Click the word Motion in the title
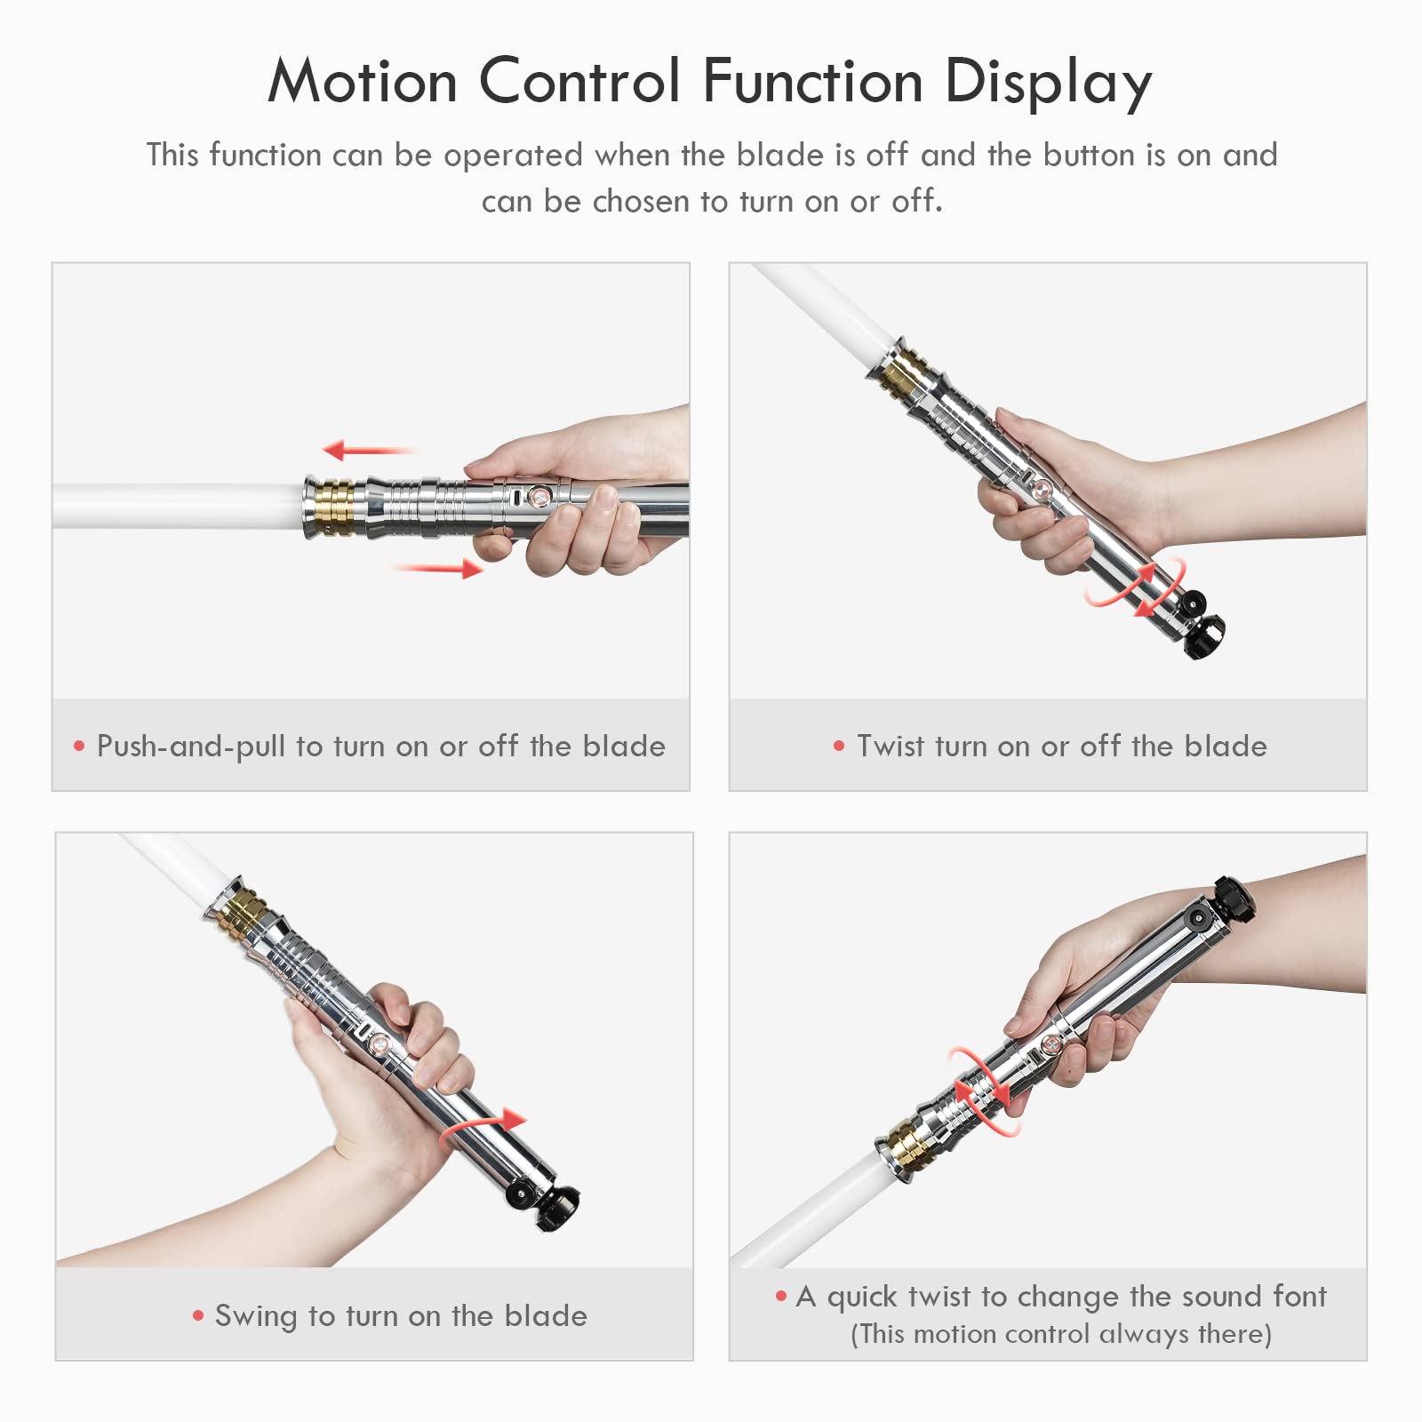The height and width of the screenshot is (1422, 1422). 363,82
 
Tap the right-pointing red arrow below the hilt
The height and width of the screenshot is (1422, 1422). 440,568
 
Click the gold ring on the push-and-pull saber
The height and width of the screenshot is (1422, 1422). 336,508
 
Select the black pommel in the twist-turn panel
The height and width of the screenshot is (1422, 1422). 1205,635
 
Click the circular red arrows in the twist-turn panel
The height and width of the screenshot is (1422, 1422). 1135,587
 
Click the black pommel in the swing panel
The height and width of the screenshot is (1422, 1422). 558,1207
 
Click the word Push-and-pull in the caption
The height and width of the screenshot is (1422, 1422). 190,747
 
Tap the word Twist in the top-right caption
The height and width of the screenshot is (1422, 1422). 890,747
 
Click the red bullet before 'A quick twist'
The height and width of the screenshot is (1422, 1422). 781,1297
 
